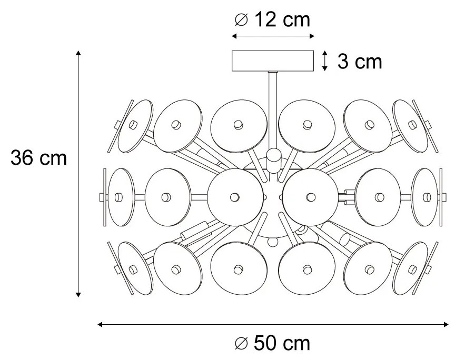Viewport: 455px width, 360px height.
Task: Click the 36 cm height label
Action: click(x=39, y=157)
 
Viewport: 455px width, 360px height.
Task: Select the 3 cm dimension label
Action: click(x=359, y=62)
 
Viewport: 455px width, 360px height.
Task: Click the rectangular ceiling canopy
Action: click(x=273, y=61)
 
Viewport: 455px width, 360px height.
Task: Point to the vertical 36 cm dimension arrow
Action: click(x=78, y=174)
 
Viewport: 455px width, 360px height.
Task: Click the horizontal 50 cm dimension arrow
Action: click(x=274, y=325)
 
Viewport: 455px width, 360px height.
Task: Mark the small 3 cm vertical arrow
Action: click(x=325, y=61)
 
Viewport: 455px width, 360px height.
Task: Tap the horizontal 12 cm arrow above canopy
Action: click(x=273, y=36)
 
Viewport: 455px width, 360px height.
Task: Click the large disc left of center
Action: click(x=235, y=196)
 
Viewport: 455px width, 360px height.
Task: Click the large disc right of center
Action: click(x=309, y=196)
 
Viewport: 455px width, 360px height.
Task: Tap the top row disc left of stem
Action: click(x=237, y=125)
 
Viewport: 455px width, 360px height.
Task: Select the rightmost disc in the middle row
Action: click(x=424, y=197)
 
